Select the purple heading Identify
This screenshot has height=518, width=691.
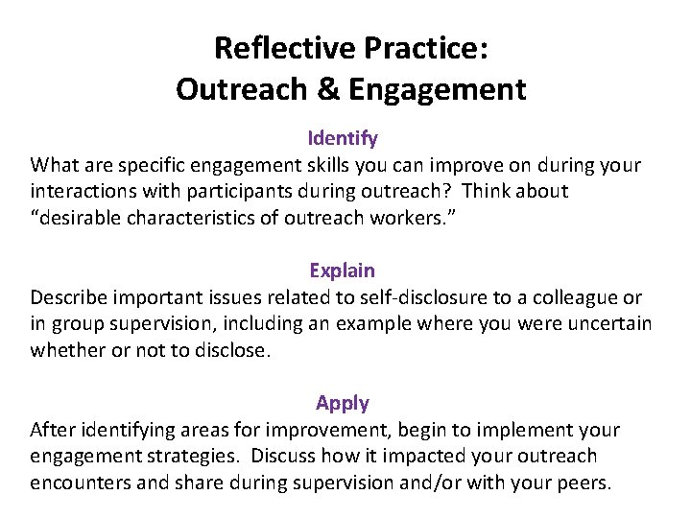coord(343,139)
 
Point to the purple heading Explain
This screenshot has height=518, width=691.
coord(343,271)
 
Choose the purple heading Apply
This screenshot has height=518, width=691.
coord(343,404)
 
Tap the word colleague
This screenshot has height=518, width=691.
coord(576,297)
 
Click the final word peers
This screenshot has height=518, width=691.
coord(582,483)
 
